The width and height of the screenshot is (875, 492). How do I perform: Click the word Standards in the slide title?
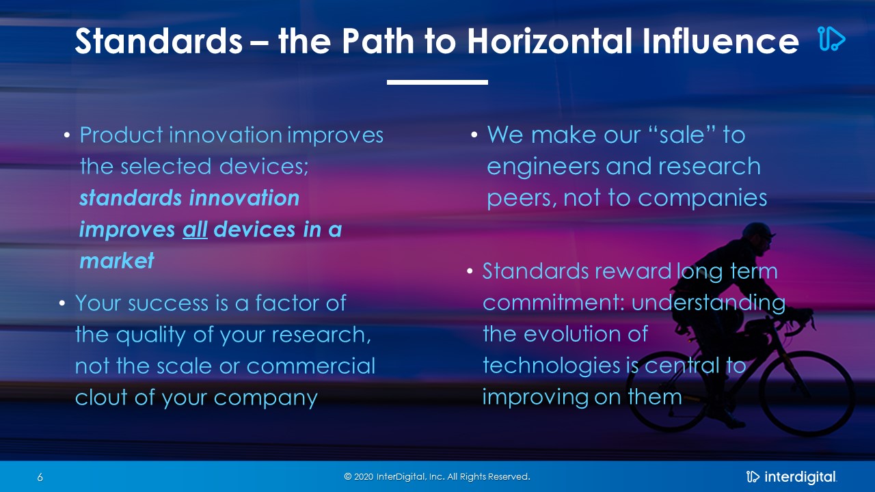(159, 41)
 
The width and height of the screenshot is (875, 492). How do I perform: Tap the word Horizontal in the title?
(550, 41)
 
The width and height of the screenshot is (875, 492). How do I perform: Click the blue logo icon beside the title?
(832, 39)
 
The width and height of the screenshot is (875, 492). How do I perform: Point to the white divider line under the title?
(437, 82)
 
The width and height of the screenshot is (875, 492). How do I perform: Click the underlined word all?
(195, 229)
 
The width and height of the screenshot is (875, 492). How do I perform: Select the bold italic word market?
(117, 260)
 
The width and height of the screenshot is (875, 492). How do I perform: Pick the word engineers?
(543, 167)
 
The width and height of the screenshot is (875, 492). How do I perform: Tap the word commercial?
(311, 366)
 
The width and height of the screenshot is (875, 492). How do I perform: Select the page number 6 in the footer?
(40, 477)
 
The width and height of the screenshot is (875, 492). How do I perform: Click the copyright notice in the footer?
(437, 477)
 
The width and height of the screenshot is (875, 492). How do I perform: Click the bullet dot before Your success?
(62, 303)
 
